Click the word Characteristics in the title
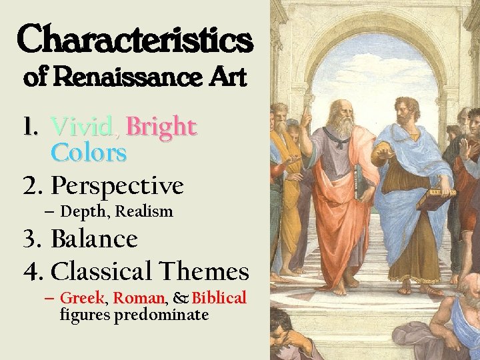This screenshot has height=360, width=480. point(135,39)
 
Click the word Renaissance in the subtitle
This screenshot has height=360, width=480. point(126,77)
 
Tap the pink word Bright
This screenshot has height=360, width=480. point(161,126)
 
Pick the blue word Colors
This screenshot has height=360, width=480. point(89,153)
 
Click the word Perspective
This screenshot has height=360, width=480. point(117,186)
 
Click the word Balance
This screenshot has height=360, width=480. point(94,239)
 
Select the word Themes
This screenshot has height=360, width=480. point(204,271)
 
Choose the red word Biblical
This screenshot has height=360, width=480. point(219,298)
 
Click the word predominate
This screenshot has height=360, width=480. point(161,315)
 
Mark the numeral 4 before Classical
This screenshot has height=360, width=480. point(31,272)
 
